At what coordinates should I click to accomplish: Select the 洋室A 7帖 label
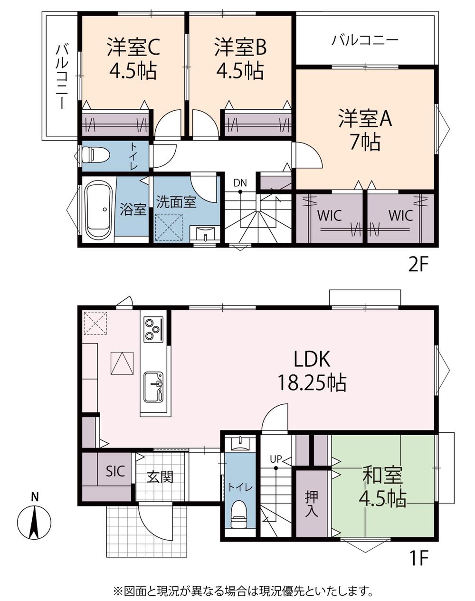pyautogui.click(x=365, y=131)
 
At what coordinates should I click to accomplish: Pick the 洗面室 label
pyautogui.click(x=176, y=202)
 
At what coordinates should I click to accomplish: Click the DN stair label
pyautogui.click(x=240, y=183)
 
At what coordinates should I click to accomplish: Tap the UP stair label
pyautogui.click(x=276, y=459)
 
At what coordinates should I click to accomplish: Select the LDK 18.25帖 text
pyautogui.click(x=312, y=371)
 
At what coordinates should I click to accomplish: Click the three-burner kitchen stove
pyautogui.click(x=153, y=330)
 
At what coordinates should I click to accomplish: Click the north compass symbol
pyautogui.click(x=34, y=523)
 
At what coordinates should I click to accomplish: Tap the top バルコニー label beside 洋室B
pyautogui.click(x=365, y=41)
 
